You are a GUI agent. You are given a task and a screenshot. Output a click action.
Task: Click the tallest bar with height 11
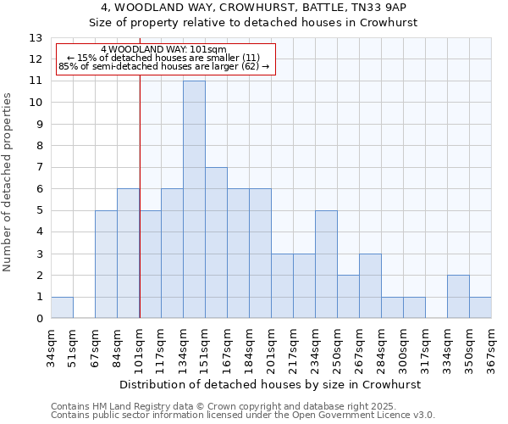[194, 199]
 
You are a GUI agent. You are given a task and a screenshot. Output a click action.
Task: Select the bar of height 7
[216, 243]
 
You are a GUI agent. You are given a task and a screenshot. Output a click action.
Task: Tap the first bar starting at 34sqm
[62, 308]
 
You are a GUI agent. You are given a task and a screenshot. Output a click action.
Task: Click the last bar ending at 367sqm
[480, 308]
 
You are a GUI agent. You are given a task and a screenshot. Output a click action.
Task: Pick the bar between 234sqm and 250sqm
[326, 265]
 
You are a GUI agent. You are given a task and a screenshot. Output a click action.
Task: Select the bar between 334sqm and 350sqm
[458, 297]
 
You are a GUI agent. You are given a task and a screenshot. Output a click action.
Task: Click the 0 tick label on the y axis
[39, 319]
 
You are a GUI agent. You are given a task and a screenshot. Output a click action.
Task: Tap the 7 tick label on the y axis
[39, 167]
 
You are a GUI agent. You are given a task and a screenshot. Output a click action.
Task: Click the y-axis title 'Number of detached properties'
[8, 182]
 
